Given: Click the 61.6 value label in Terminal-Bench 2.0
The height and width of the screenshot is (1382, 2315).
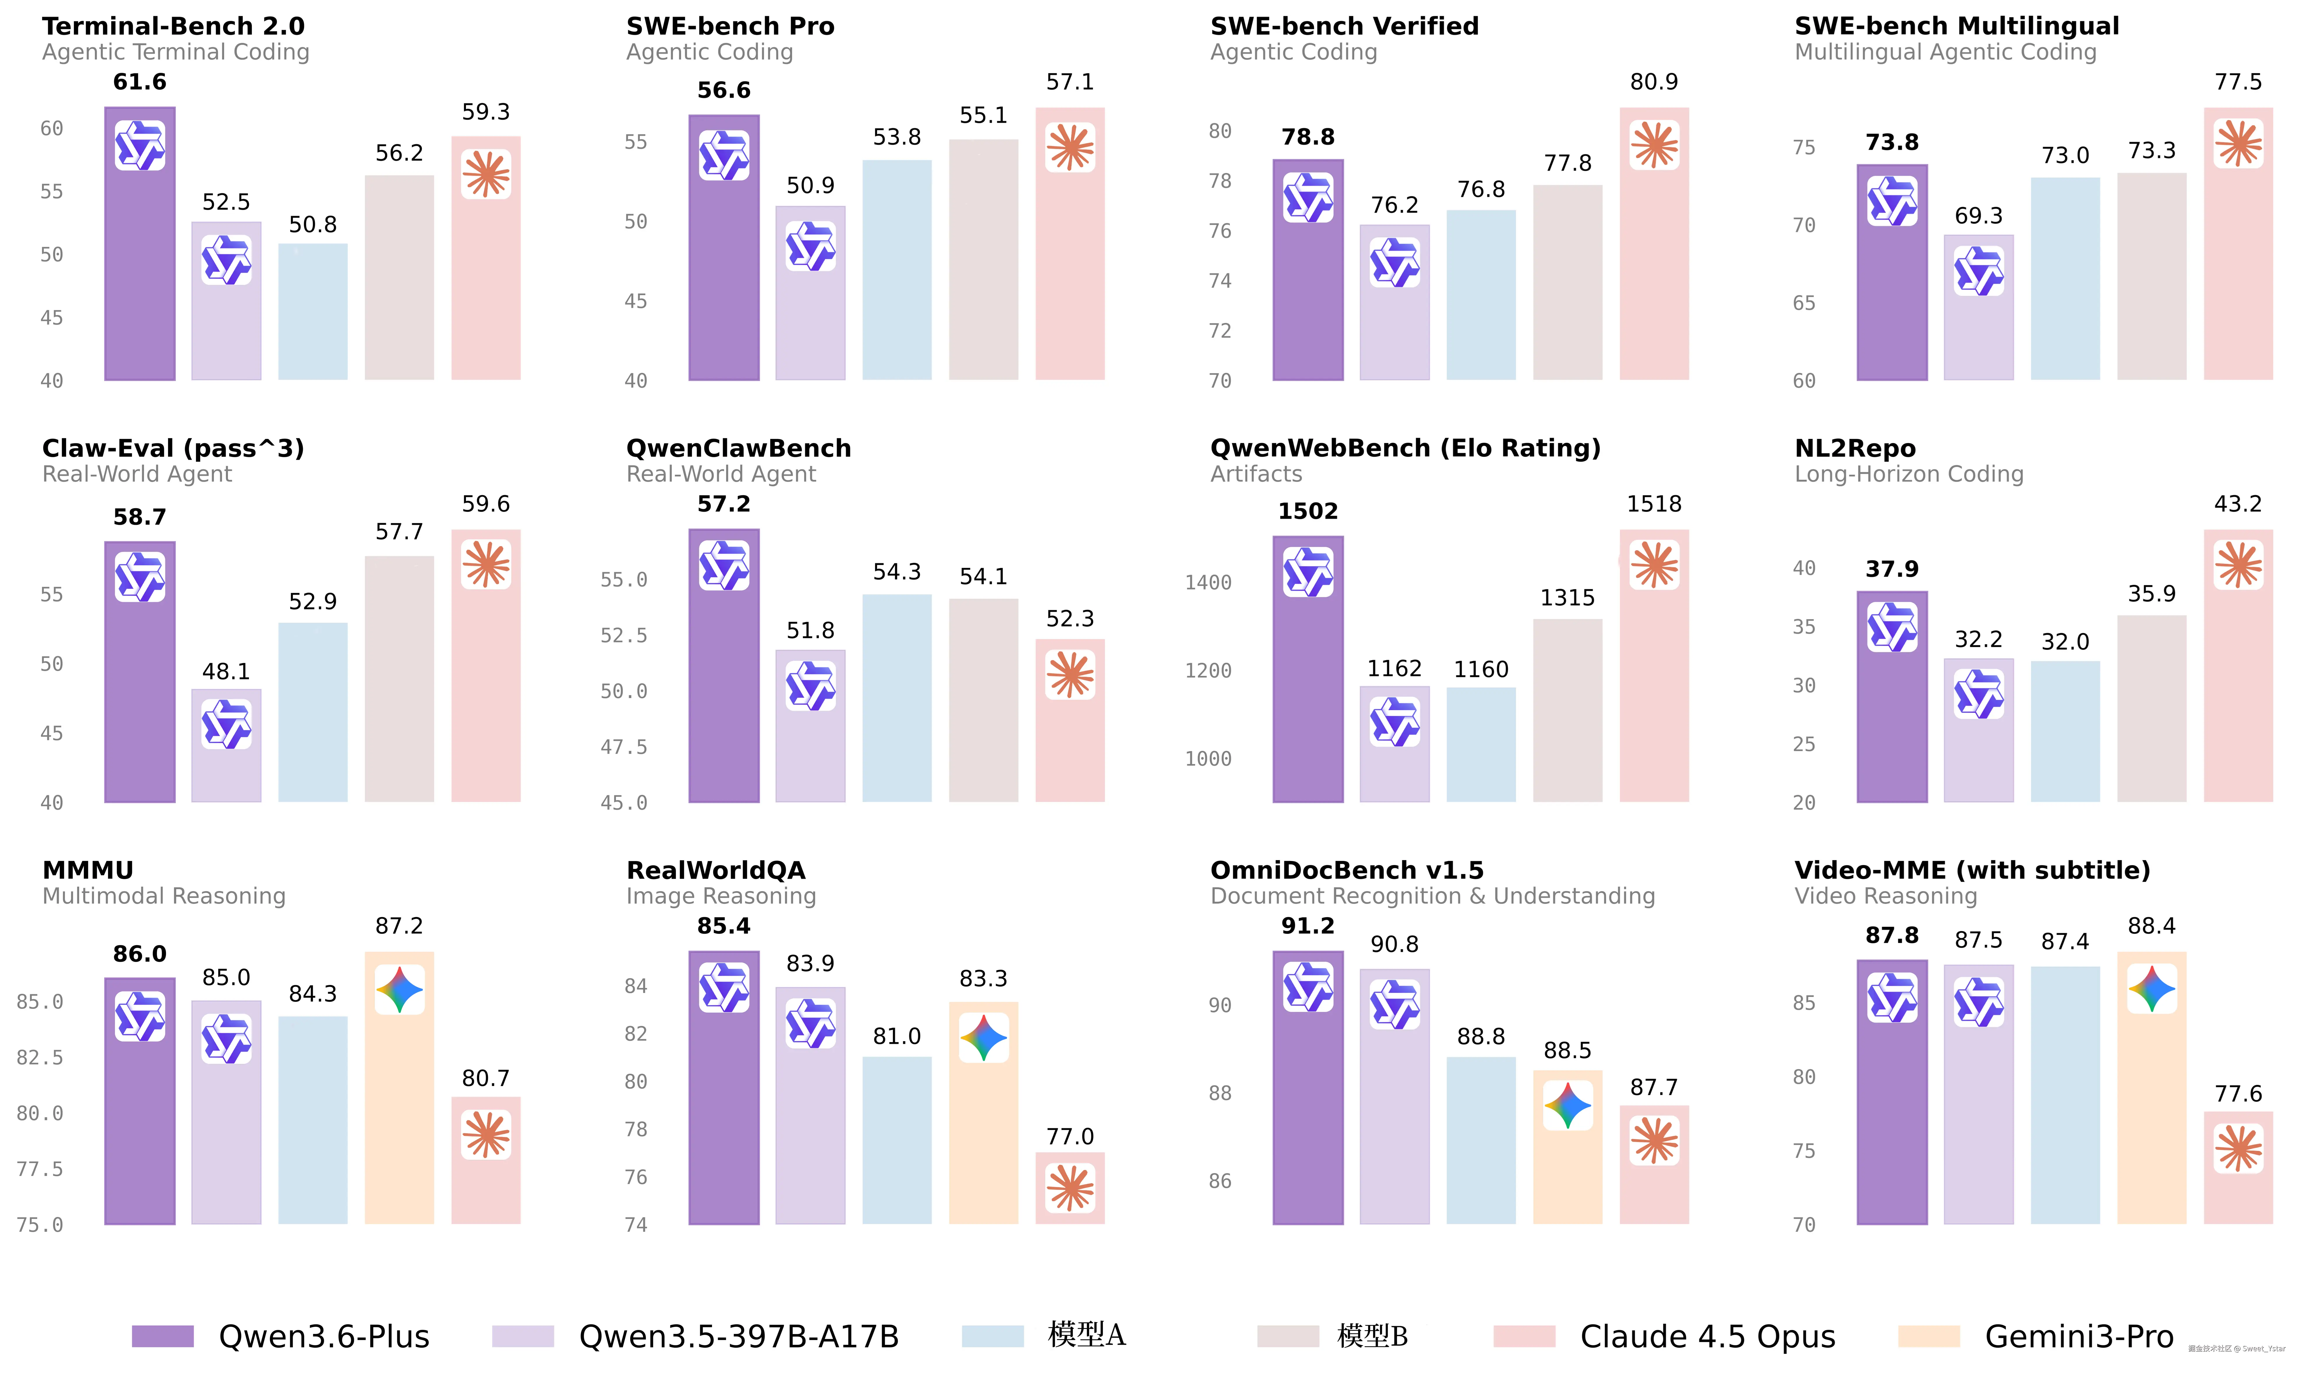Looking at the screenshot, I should (140, 82).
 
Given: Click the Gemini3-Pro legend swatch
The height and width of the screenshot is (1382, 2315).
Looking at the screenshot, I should (1929, 1336).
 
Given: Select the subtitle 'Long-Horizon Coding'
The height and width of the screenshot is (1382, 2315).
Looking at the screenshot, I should (1909, 474).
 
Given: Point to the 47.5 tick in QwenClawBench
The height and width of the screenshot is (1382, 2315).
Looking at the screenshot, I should (623, 747).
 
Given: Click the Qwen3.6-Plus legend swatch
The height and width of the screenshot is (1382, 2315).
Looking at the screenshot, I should (163, 1336).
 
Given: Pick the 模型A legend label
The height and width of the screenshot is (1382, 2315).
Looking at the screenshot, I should (1086, 1335).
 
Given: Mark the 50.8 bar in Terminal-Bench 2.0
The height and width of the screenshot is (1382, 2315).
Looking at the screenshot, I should (313, 312).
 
